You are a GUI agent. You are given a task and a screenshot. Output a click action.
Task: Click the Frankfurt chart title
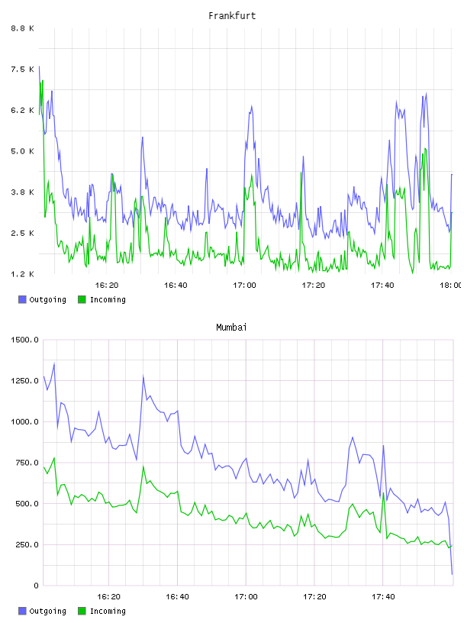coord(232,16)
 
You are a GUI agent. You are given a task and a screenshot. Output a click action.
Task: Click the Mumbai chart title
coord(231,328)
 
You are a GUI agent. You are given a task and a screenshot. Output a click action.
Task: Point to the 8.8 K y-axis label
coord(22,28)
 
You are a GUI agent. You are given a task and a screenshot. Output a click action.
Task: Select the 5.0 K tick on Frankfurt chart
coord(22,151)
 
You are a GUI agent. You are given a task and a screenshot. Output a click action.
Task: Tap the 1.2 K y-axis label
coord(22,274)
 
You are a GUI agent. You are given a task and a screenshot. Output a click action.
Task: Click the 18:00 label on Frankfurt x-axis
coord(451,285)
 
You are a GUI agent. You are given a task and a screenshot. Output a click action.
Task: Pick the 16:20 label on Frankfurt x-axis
coord(107,285)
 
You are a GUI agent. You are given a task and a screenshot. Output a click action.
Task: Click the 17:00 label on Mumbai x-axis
coord(246,596)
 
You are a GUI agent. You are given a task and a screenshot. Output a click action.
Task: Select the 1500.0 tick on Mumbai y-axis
coord(24,340)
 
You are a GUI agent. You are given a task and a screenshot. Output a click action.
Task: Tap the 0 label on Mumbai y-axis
coord(36,586)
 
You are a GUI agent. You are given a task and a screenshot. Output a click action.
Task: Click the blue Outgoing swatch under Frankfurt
coord(22,299)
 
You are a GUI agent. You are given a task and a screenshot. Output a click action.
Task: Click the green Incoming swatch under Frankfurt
coord(82,299)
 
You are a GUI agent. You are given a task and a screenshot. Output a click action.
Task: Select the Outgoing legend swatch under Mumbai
coord(22,611)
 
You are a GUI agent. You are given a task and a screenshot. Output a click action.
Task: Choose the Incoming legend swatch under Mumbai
coord(82,611)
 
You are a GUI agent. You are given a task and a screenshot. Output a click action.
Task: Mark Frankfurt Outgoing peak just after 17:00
coord(252,106)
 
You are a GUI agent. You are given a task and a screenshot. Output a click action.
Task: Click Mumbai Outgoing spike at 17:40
coord(383,445)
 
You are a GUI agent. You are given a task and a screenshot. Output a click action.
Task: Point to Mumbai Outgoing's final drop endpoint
coord(452,574)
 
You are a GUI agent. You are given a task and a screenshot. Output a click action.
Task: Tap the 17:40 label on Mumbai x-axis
coord(383,596)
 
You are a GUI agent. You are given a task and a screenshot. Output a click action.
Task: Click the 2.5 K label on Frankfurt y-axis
coord(22,233)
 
